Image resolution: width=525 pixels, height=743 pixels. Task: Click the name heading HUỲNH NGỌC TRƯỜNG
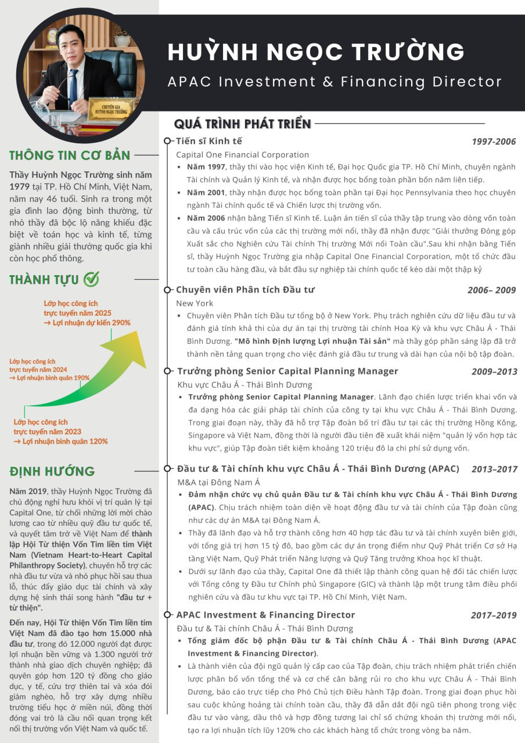(x=316, y=52)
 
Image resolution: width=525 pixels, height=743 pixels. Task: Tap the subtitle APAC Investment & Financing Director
(x=335, y=81)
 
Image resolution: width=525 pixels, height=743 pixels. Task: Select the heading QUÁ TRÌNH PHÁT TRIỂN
(x=243, y=124)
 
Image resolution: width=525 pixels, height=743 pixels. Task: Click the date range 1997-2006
(x=493, y=142)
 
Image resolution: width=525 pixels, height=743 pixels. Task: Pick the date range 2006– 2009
(x=491, y=290)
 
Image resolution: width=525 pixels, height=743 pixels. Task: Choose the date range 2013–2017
(x=494, y=469)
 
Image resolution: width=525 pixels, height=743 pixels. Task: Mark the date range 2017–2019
(x=494, y=615)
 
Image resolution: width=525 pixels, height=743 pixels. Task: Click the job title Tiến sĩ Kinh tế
(x=209, y=141)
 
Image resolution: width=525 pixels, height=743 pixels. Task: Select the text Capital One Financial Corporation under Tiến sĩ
(x=243, y=155)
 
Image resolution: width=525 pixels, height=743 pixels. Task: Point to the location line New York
(x=195, y=303)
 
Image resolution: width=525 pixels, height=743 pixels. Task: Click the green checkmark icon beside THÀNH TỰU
(x=91, y=279)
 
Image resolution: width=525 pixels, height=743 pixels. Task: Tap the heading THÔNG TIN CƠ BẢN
(x=70, y=156)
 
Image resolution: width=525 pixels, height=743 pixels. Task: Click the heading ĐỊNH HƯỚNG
(x=52, y=471)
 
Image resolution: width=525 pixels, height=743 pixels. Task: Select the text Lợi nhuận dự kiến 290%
(x=91, y=323)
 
